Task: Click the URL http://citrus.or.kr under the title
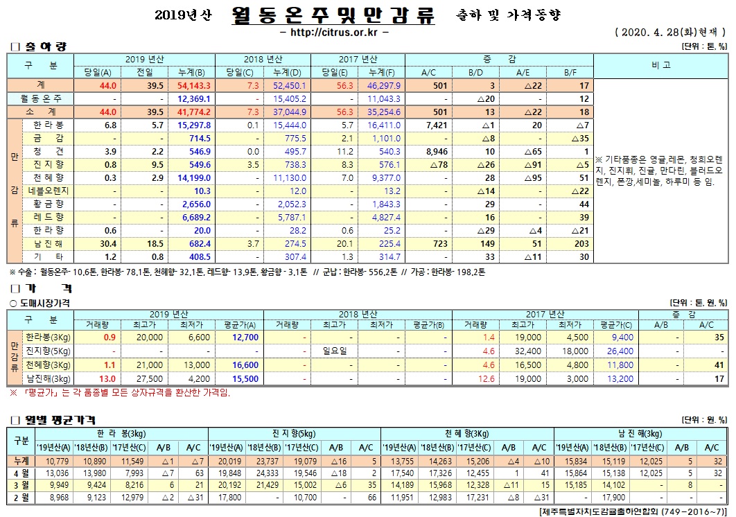tap(333, 33)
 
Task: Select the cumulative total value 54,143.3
tap(193, 85)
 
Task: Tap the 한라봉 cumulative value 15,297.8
tap(193, 125)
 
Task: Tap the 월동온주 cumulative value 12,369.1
tap(193, 99)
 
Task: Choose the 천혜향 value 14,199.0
tap(193, 177)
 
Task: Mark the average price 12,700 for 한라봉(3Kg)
tap(245, 338)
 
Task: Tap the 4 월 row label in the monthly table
tap(21, 473)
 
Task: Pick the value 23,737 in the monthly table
tap(266, 461)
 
